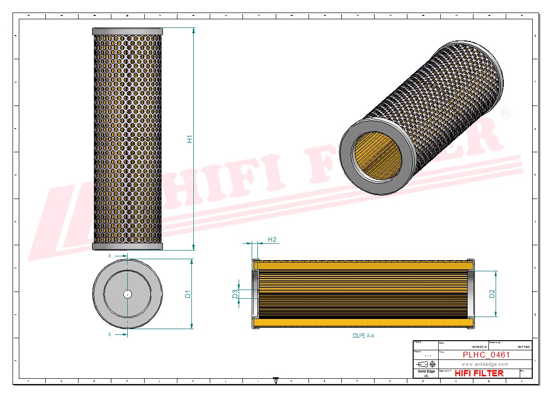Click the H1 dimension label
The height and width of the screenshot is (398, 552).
190,139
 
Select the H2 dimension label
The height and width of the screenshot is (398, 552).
272,239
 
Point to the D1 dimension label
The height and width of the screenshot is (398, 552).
188,293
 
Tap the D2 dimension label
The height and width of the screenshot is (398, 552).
492,293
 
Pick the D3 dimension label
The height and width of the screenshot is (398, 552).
235,293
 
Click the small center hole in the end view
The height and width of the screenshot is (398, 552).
127,294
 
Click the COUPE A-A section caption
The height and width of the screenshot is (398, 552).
363,336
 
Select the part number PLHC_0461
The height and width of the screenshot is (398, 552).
486,355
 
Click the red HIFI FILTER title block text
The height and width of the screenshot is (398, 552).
479,373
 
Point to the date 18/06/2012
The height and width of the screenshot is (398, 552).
478,347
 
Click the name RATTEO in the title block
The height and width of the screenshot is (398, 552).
524,347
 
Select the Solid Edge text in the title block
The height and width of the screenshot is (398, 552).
425,371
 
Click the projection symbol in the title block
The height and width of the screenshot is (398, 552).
426,364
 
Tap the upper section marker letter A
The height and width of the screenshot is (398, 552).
110,256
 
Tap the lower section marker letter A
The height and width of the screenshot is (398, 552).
110,334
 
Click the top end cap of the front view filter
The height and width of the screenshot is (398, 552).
127,31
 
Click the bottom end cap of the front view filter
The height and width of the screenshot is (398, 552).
127,247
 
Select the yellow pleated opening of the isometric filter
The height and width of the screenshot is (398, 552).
378,155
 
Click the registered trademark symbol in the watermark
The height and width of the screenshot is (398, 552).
505,114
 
